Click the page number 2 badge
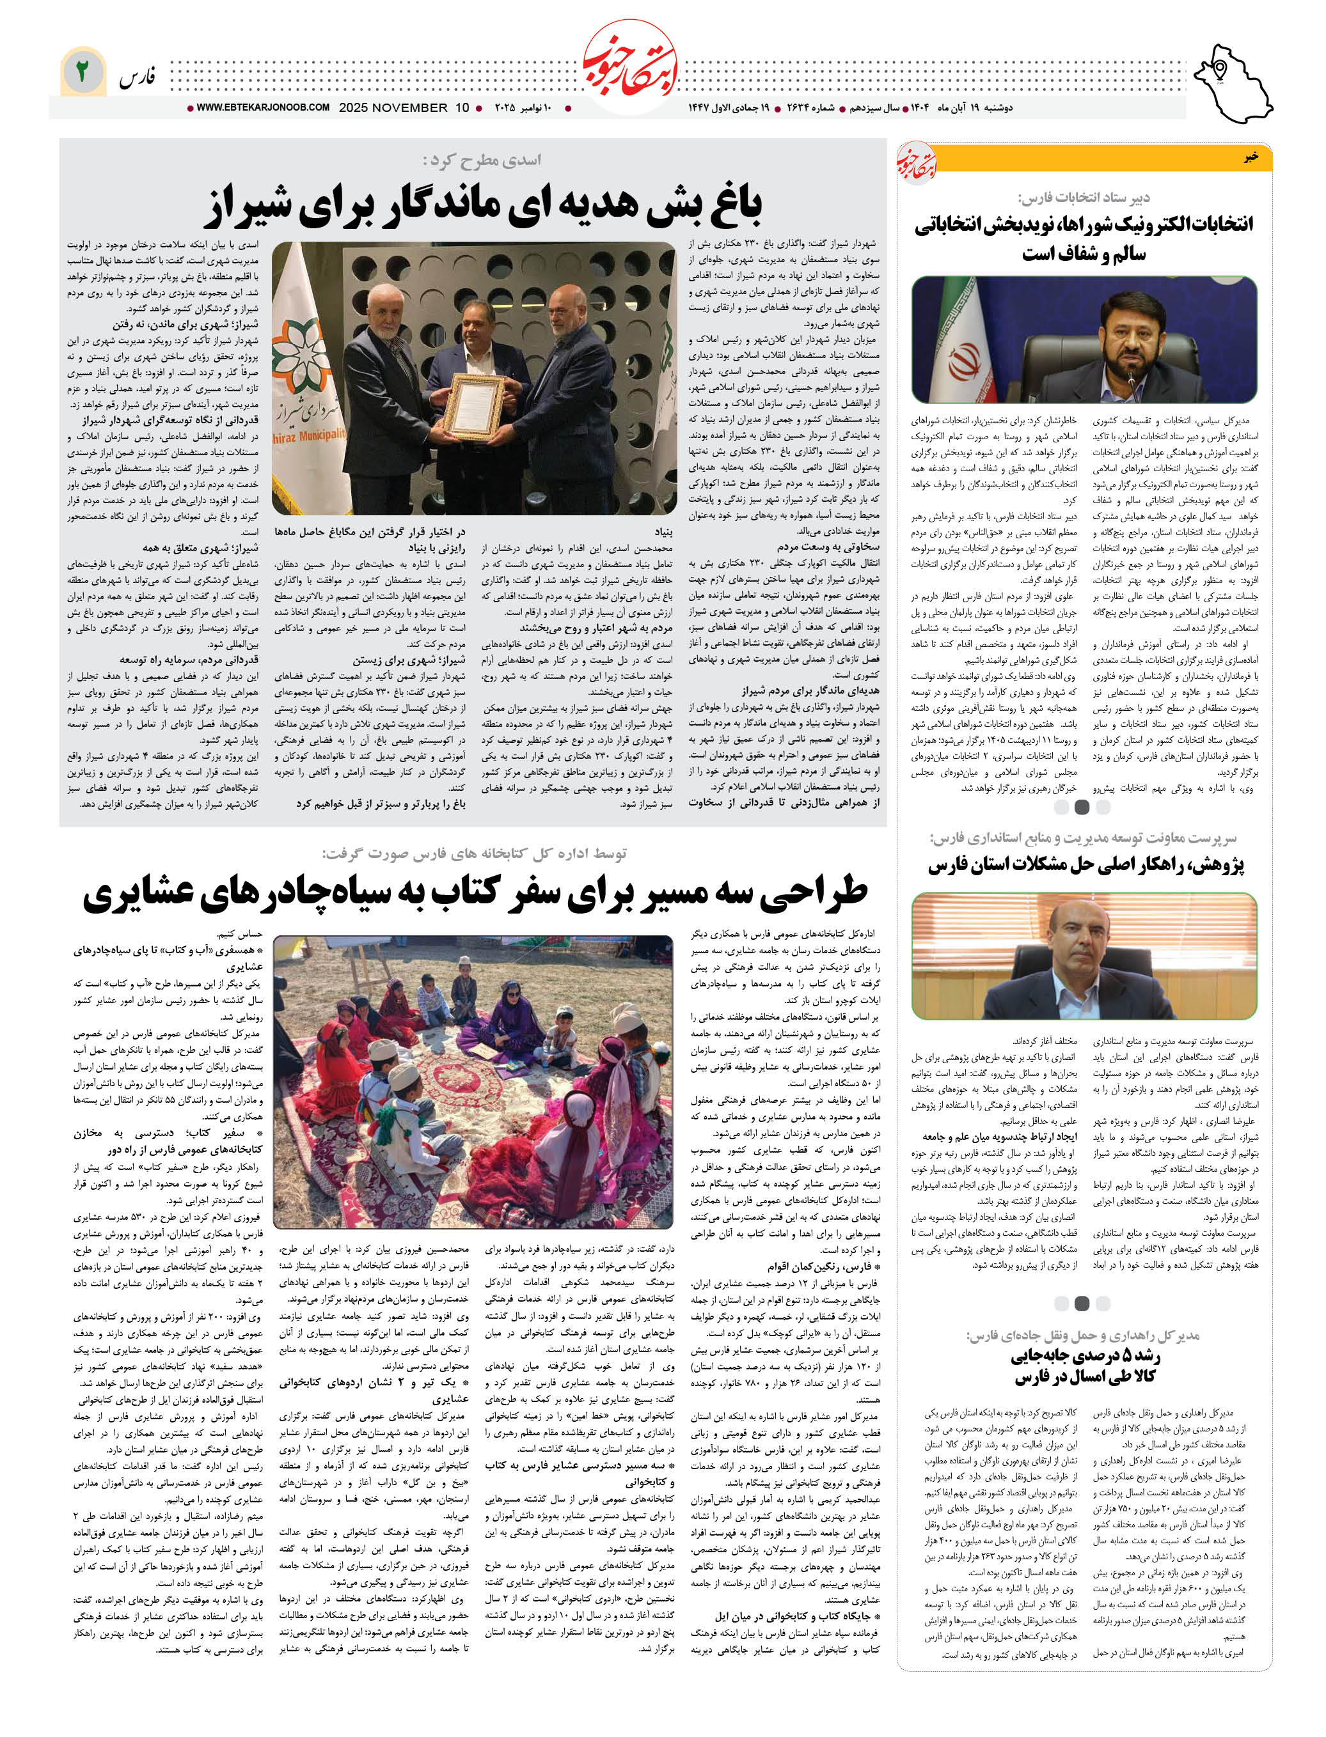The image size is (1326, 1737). click(x=81, y=72)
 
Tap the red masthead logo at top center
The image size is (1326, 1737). click(x=630, y=70)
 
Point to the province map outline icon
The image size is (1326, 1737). click(x=1231, y=83)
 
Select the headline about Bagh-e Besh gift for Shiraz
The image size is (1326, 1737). click(x=483, y=205)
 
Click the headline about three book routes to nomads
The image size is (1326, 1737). click(x=475, y=893)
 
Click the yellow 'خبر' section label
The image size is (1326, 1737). click(x=1251, y=157)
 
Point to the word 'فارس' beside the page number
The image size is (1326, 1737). click(x=138, y=77)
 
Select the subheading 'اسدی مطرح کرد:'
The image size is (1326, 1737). click(x=482, y=160)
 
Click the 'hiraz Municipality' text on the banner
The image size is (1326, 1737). click(x=310, y=435)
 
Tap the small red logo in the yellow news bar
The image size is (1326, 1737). click(x=915, y=162)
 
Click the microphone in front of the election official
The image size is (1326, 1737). click(x=1132, y=381)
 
